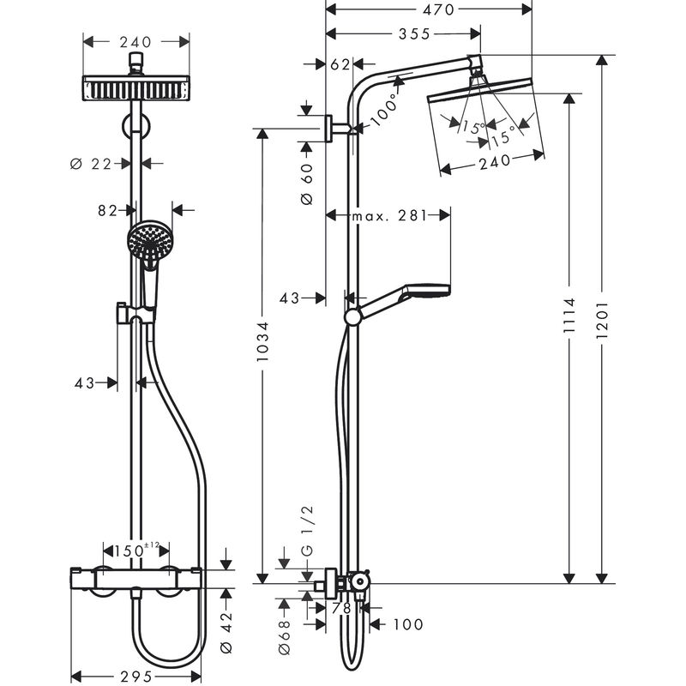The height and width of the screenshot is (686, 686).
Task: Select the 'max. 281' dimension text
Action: tap(388, 216)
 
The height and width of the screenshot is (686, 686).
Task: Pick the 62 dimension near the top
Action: tap(340, 64)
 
